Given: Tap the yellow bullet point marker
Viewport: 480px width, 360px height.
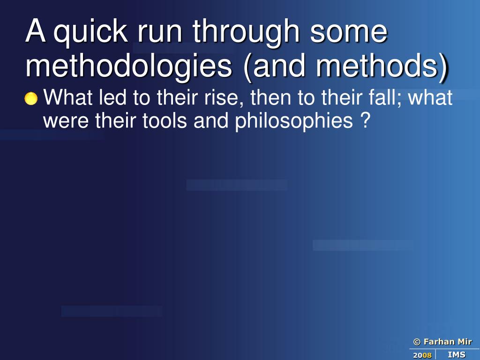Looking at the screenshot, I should pyautogui.click(x=31, y=99).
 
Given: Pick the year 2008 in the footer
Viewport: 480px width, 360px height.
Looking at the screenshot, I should pyautogui.click(x=422, y=355).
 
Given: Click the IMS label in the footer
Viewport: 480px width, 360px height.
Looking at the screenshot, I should pyautogui.click(x=457, y=355).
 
